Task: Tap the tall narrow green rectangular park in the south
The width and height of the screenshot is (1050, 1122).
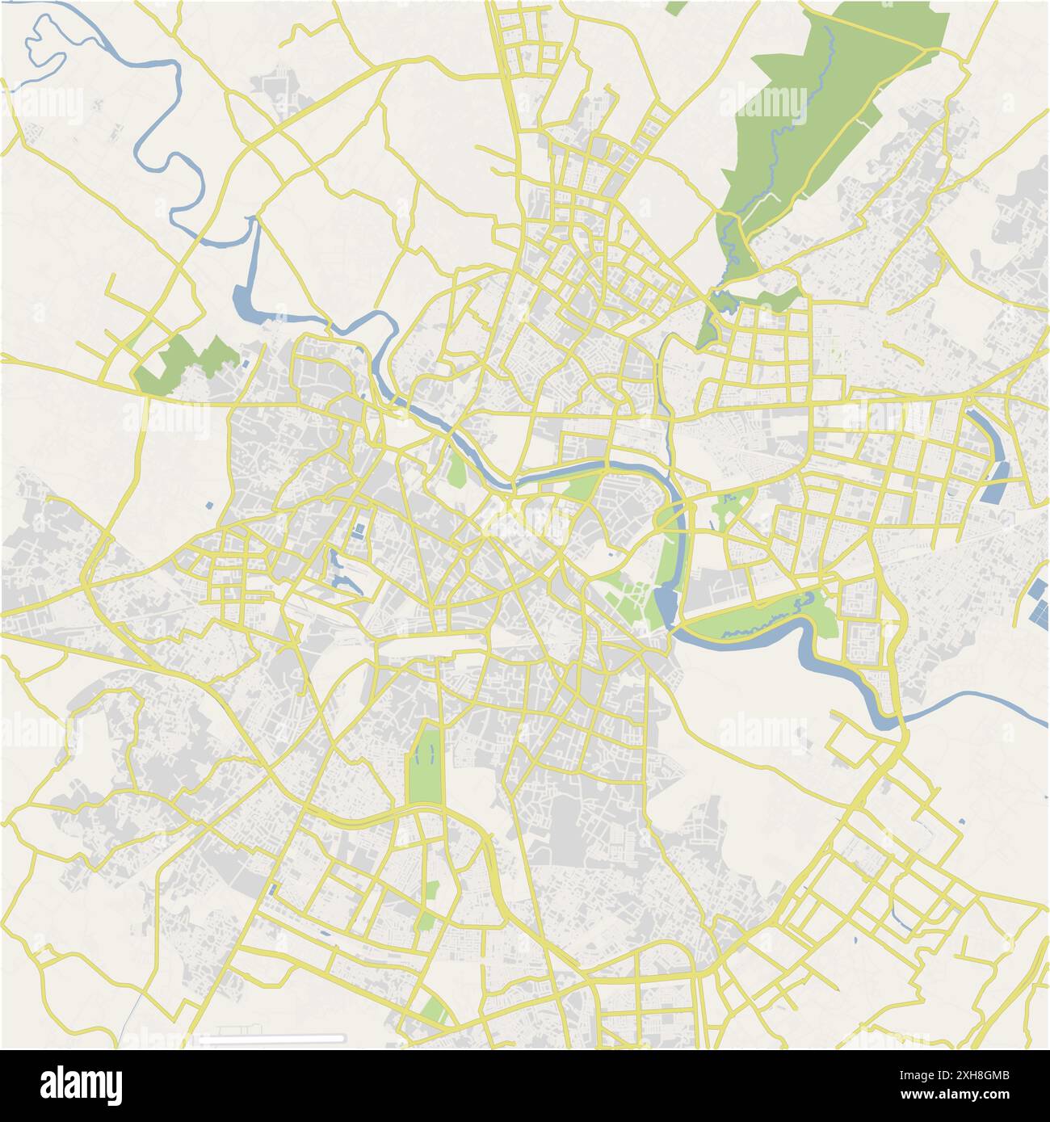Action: (425, 764)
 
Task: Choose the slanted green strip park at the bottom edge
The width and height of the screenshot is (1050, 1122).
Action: (435, 1011)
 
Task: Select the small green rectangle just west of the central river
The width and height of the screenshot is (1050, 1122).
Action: (456, 469)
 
